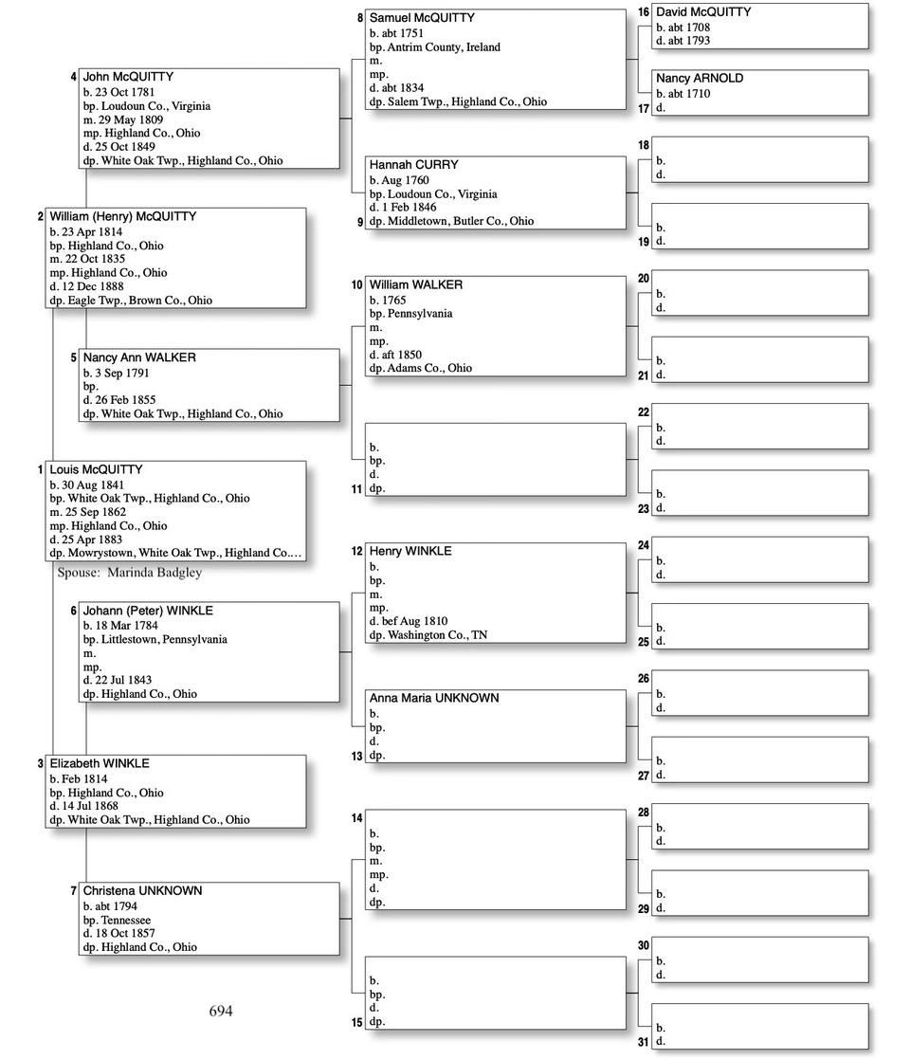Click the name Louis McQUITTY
point(96,469)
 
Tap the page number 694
point(220,1011)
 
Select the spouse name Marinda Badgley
point(155,573)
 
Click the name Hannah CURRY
point(413,165)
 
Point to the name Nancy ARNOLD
point(700,79)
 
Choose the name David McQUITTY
point(703,12)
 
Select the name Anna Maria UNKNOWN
point(434,698)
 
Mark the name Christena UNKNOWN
point(142,891)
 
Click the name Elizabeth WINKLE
point(100,763)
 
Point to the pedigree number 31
point(643,1043)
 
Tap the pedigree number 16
point(643,12)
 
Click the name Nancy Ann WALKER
point(139,357)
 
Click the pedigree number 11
point(356,489)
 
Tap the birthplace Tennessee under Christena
point(126,921)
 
